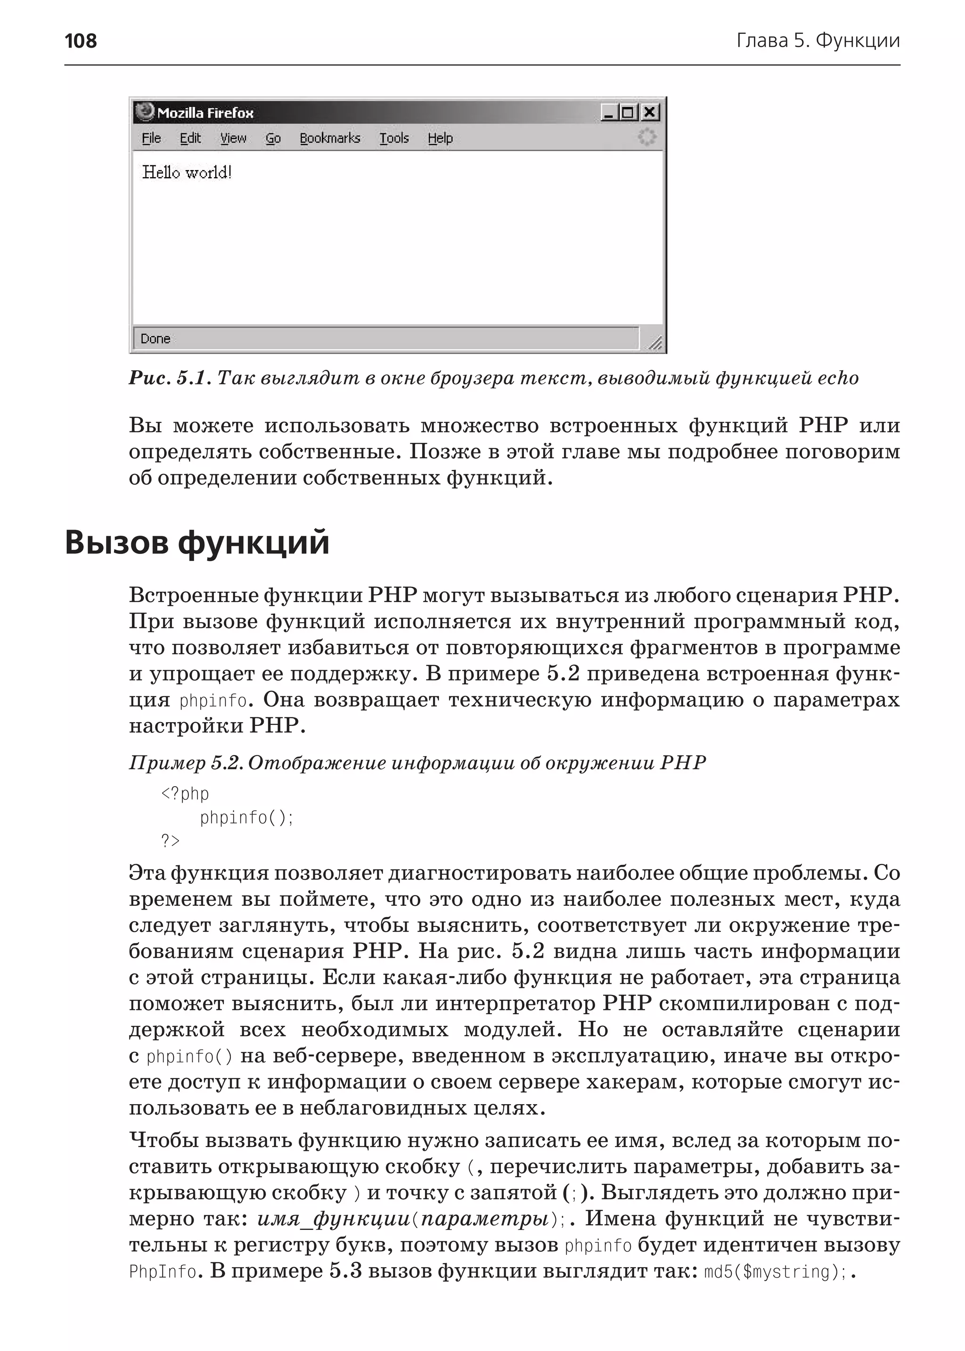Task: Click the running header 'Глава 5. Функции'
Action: tap(818, 41)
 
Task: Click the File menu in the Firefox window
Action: tap(151, 138)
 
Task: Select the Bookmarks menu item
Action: tap(330, 138)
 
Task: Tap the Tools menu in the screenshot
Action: tap(394, 138)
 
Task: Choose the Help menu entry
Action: tap(440, 138)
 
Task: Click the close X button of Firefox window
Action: tap(650, 112)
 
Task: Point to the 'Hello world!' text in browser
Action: tap(187, 173)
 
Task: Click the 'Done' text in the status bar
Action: tap(155, 339)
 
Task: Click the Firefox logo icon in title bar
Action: tap(144, 112)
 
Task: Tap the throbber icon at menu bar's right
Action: tap(646, 137)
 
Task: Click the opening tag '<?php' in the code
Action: tap(185, 794)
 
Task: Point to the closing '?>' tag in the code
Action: tap(170, 841)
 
